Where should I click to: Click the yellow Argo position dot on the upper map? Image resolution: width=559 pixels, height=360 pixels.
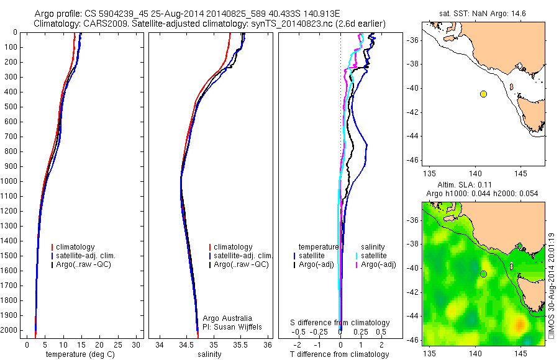tap(483, 94)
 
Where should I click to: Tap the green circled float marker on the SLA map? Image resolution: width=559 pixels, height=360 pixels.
tap(483, 274)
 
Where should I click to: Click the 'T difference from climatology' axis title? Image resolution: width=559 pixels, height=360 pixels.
tap(340, 354)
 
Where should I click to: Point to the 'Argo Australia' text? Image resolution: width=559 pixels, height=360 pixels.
tap(228, 318)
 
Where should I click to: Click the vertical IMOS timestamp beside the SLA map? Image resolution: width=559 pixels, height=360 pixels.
tap(551, 286)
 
